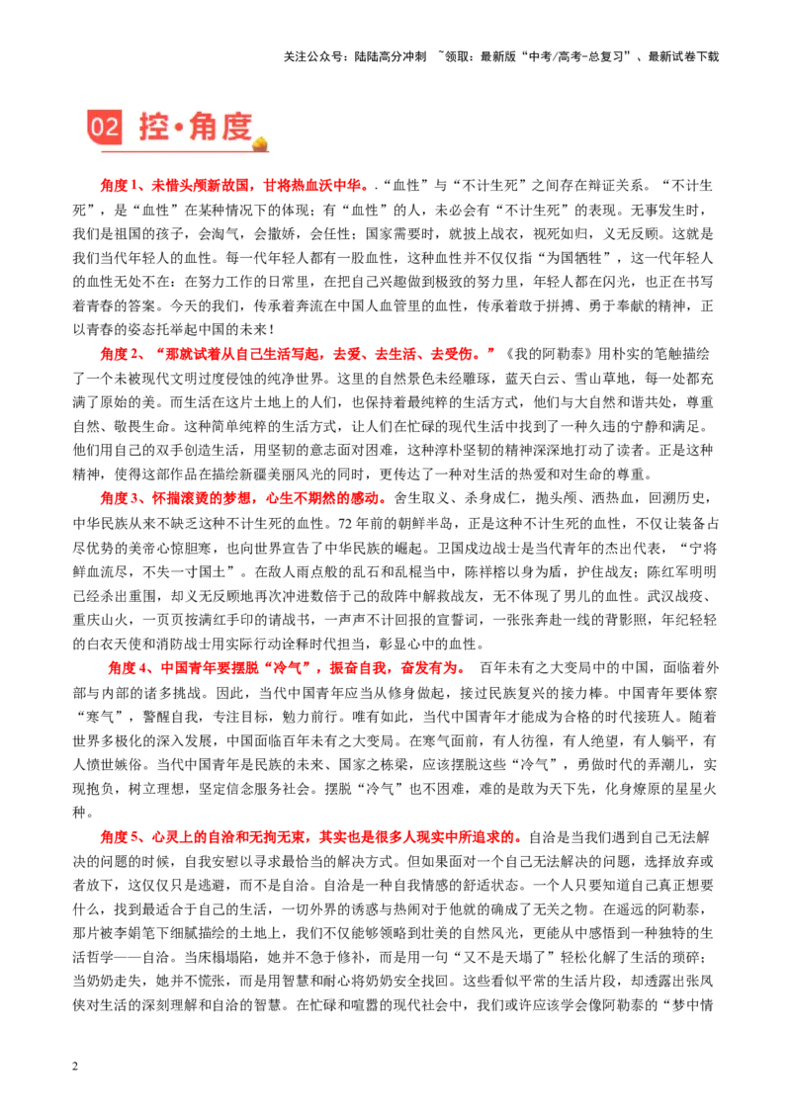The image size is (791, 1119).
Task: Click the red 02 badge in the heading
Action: (104, 128)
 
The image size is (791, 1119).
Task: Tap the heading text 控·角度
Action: (195, 127)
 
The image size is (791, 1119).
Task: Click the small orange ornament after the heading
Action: (261, 143)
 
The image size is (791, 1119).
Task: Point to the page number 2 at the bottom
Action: (76, 1067)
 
